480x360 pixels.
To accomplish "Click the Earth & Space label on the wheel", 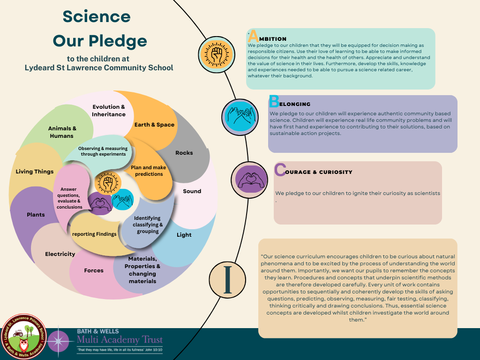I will [x=154, y=125].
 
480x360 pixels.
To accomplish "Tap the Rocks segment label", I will [x=184, y=153].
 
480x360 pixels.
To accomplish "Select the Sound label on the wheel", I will [x=192, y=191].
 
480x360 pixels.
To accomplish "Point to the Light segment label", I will [x=184, y=235].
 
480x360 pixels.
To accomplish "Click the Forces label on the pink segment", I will [x=94, y=270].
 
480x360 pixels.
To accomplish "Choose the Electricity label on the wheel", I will [x=60, y=254].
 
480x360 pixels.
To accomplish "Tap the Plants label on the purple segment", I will [x=36, y=215].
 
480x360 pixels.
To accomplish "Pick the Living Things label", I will [x=35, y=172].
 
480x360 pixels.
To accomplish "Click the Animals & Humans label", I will [x=62, y=132].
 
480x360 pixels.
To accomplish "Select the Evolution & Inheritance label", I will [x=109, y=111].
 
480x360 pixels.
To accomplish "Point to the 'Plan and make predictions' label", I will [x=149, y=171].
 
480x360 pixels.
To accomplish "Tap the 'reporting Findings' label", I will [x=94, y=234].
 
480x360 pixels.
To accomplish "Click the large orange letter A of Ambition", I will [x=253, y=36].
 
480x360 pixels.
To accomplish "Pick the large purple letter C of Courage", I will [x=280, y=170].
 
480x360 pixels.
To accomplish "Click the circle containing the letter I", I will [x=228, y=280].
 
